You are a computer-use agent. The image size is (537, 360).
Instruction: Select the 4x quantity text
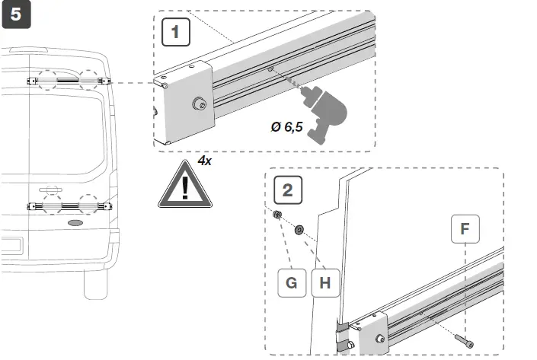click(205, 161)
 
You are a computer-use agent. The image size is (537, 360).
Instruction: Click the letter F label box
click(464, 228)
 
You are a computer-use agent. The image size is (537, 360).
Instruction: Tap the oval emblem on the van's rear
click(76, 223)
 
